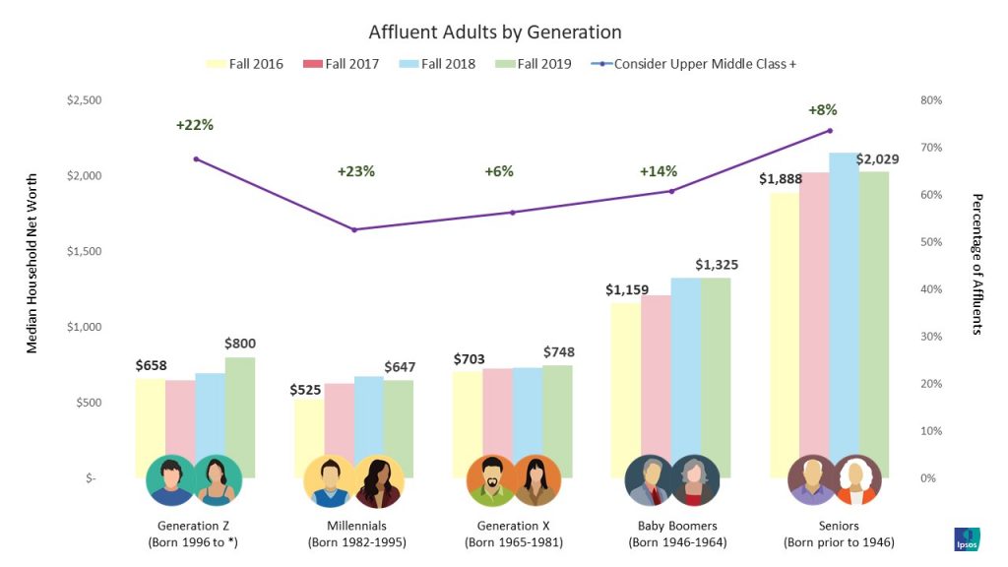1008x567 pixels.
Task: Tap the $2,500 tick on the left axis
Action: tap(82, 100)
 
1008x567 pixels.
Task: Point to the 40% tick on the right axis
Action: tap(930, 289)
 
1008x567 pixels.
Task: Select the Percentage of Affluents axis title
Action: tap(976, 264)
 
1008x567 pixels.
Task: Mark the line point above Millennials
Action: tap(354, 229)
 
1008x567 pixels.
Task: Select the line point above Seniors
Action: tap(830, 130)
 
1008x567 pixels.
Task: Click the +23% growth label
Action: tap(355, 171)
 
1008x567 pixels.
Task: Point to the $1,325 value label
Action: tap(716, 265)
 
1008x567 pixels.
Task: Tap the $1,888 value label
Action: tap(779, 179)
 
